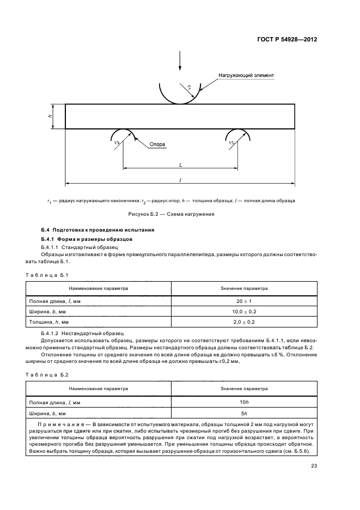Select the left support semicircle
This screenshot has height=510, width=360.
tap(123, 136)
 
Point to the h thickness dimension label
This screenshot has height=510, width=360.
tap(50, 116)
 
